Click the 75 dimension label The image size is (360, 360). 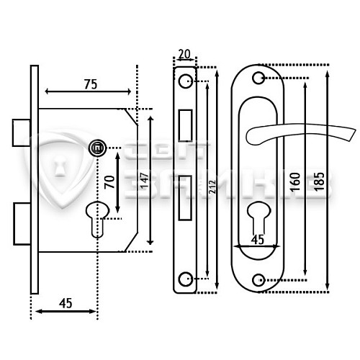click(89, 84)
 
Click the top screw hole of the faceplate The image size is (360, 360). click(186, 78)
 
